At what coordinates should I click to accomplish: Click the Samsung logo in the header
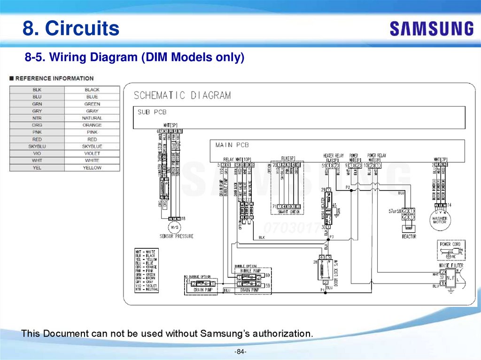click(x=431, y=29)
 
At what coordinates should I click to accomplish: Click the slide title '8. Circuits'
click(x=71, y=29)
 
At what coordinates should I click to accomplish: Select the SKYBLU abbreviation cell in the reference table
click(x=37, y=146)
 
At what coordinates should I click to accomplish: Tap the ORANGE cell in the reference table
click(x=92, y=125)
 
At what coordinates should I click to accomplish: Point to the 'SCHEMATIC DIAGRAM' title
click(x=182, y=96)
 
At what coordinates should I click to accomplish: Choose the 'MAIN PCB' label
click(x=232, y=145)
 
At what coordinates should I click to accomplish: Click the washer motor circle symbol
click(x=439, y=219)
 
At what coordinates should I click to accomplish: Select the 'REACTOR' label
click(x=409, y=237)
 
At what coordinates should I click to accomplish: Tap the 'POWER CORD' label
click(x=451, y=244)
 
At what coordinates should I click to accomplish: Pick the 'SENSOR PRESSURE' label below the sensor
click(x=176, y=236)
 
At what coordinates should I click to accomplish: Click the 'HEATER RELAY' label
click(x=333, y=155)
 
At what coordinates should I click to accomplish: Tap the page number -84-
click(x=240, y=352)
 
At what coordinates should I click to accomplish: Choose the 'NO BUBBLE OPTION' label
click(x=198, y=276)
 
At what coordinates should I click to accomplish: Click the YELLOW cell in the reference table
click(x=92, y=168)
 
